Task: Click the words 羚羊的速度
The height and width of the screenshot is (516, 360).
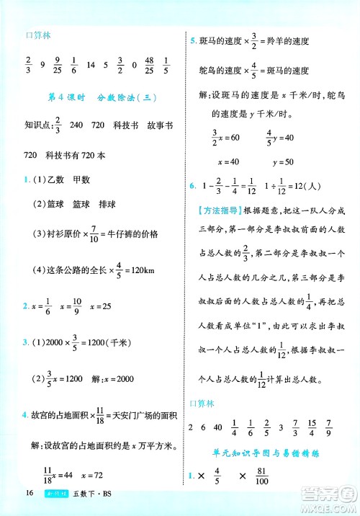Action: click(288, 41)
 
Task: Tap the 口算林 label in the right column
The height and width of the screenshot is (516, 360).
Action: click(200, 402)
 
